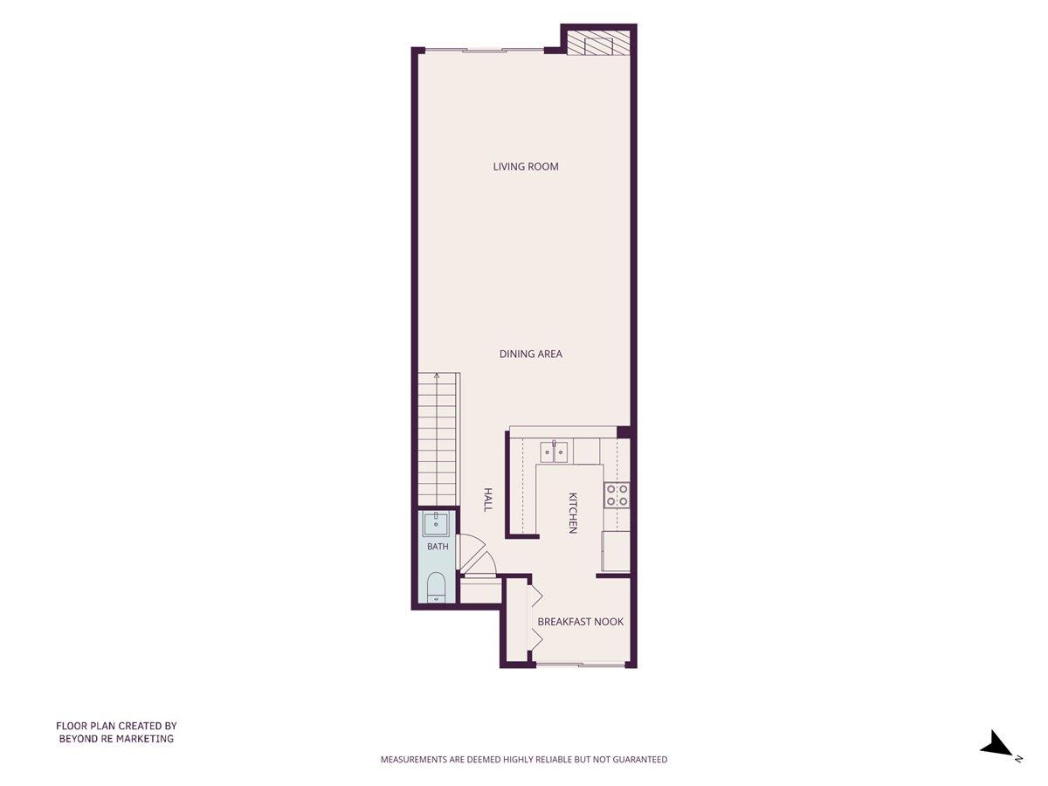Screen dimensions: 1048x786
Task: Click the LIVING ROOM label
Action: coord(526,167)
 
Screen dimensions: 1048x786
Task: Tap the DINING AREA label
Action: coord(530,354)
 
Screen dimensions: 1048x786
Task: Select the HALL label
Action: coord(487,500)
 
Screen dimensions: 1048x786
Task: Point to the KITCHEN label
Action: coord(573,513)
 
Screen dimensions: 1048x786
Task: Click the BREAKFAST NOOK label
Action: coord(580,621)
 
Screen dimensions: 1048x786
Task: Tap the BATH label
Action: coord(438,547)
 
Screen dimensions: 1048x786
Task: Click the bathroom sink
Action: coord(436,524)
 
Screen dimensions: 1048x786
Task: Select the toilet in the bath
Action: coord(435,588)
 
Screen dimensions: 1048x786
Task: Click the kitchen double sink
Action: coord(554,452)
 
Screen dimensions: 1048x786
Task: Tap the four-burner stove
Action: coord(617,495)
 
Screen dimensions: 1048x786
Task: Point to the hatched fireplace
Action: coord(599,44)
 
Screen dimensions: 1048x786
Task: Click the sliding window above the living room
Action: coord(484,50)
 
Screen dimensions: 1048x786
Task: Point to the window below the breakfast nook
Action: coord(581,664)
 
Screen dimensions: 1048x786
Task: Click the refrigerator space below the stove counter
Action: coord(616,551)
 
